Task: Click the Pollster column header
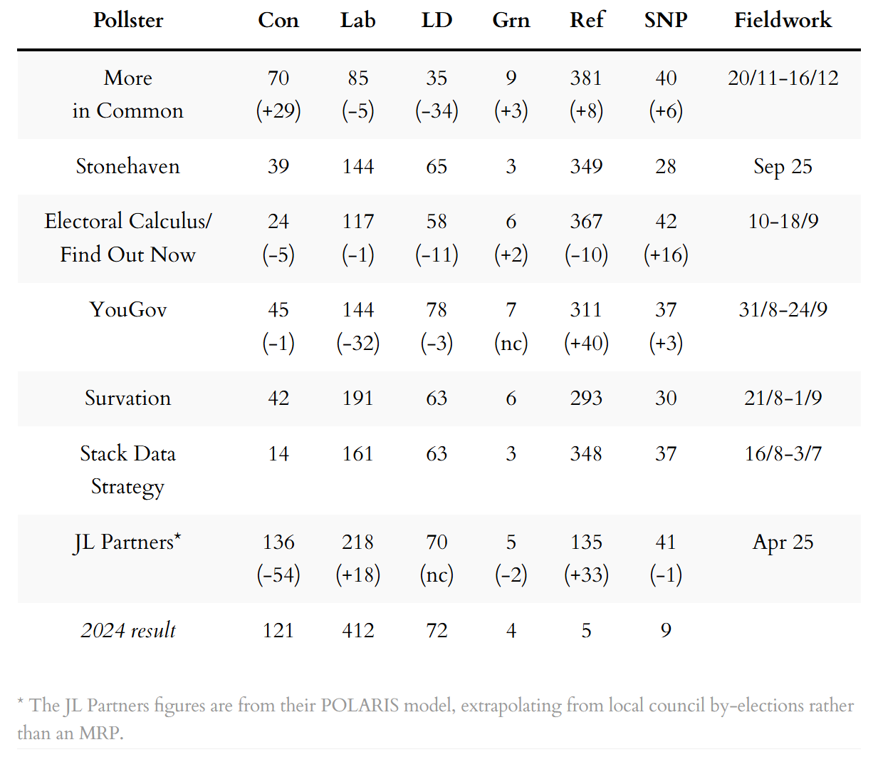coord(128,20)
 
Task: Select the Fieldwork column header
coord(783,20)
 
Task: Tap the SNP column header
coord(666,20)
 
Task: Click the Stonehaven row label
coord(128,166)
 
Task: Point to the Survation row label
coord(128,398)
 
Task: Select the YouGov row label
coord(128,309)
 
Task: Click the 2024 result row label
coord(128,630)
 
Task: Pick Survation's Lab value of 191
coord(357,398)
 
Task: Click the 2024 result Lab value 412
coord(357,630)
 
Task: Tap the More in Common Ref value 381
coord(586,78)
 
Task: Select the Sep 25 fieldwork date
coord(783,166)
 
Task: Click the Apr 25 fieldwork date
coord(783,542)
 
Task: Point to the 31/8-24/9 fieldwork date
coord(783,309)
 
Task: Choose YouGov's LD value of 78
coord(437,309)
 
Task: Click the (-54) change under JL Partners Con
coord(278,575)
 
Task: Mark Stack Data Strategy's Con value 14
coord(278,453)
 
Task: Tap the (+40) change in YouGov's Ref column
coord(586,343)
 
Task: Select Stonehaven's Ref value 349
coord(586,166)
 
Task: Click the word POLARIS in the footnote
coord(360,706)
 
